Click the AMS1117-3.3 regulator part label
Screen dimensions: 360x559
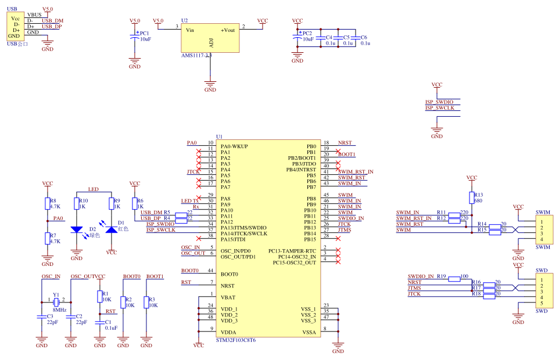[x=196, y=55]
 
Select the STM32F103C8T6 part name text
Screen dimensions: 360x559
[x=235, y=340]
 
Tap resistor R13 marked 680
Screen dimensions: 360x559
[x=471, y=198]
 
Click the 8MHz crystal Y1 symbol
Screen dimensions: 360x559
[x=56, y=302]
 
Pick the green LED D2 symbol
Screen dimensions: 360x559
[x=76, y=230]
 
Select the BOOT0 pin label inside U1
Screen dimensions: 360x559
[x=230, y=273]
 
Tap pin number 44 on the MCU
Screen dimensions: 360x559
[x=210, y=271]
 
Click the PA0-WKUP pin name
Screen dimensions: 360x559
[x=234, y=146]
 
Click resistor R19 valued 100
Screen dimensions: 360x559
[x=454, y=279]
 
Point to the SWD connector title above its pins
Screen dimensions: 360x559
[x=541, y=270]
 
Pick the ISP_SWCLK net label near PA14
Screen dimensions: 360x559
[x=160, y=230]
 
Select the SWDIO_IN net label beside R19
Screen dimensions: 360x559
[x=421, y=276]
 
